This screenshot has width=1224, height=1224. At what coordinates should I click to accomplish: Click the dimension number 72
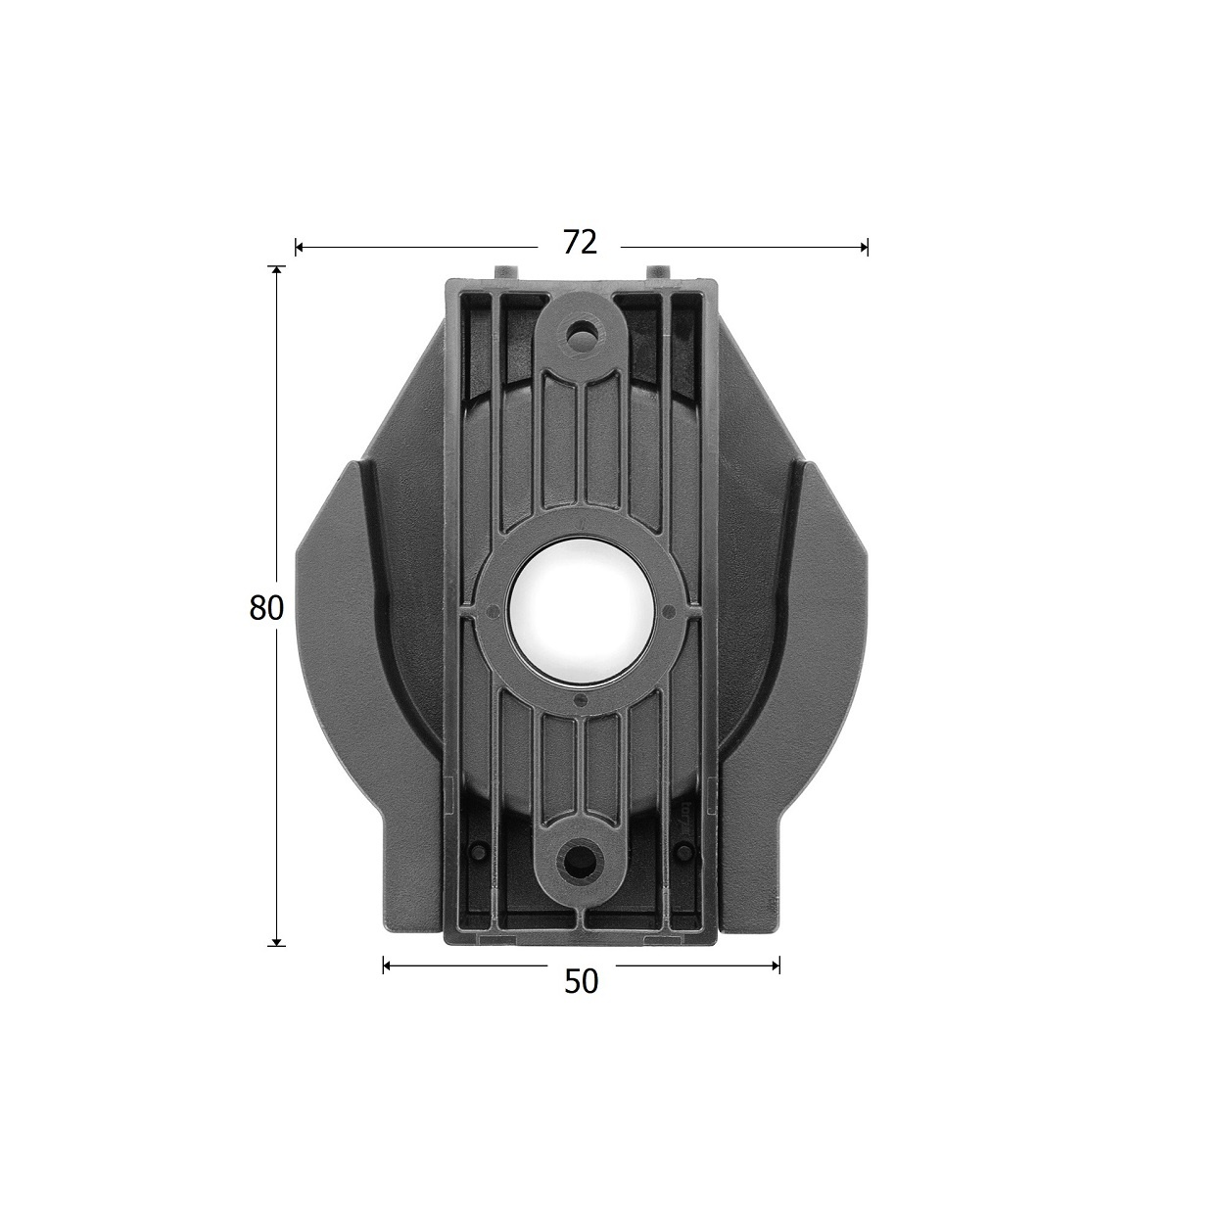[x=580, y=243]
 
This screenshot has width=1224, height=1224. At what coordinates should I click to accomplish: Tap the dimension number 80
[x=266, y=608]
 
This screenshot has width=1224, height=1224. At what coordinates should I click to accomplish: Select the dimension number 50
[x=581, y=981]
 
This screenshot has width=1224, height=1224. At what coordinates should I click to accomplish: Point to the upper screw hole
[x=580, y=332]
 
